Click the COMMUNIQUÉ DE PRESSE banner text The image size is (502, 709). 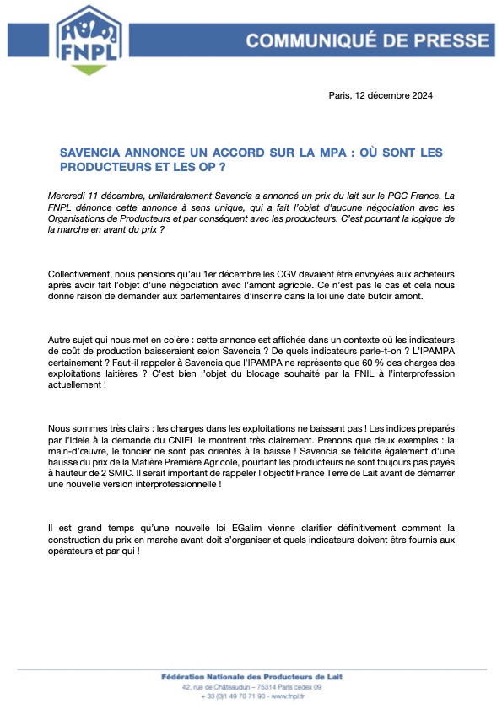coord(367,40)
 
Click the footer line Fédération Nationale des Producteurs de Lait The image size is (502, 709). coord(251,677)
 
